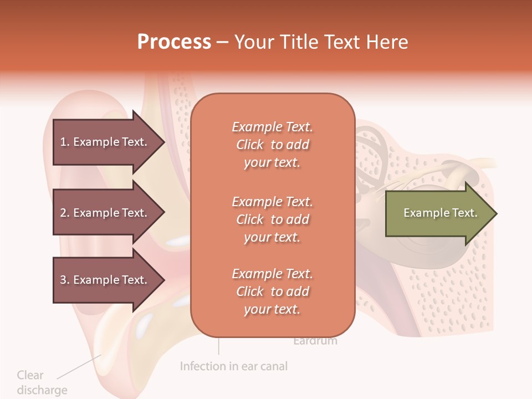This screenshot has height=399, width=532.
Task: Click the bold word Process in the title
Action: coord(174,42)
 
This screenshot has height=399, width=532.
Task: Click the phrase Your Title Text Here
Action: coord(321,42)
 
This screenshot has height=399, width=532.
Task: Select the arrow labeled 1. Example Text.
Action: coord(105,142)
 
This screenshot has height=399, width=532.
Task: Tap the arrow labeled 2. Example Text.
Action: coord(105,213)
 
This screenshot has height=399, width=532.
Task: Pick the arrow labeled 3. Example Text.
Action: coord(105,280)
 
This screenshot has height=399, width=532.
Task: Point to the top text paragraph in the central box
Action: coord(272,145)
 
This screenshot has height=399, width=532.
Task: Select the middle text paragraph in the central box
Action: coord(272,219)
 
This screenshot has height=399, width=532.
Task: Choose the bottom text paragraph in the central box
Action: coord(272,291)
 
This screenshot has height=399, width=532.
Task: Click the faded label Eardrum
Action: coord(315,341)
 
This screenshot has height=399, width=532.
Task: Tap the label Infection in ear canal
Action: coord(234,366)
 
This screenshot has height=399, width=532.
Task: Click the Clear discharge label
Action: coord(42,382)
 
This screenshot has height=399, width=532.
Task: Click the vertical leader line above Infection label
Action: coord(218,346)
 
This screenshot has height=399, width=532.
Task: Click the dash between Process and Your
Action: coord(222,43)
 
